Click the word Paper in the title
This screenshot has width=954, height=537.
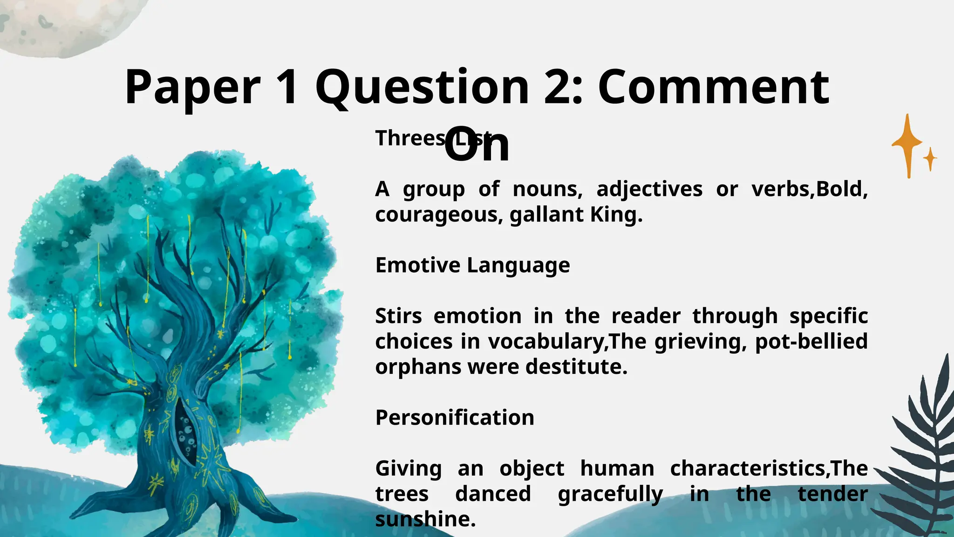[x=192, y=88]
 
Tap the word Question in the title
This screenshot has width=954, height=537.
[x=422, y=88]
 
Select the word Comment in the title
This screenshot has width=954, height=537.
[x=713, y=88]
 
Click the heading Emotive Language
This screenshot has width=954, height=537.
[x=472, y=265]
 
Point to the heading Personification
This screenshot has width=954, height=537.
[x=455, y=418]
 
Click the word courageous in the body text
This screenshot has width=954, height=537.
[x=438, y=215]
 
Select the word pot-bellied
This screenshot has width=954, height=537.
[x=811, y=342]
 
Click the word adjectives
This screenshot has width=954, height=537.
[x=649, y=189]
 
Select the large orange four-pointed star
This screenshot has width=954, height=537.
[x=907, y=145]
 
